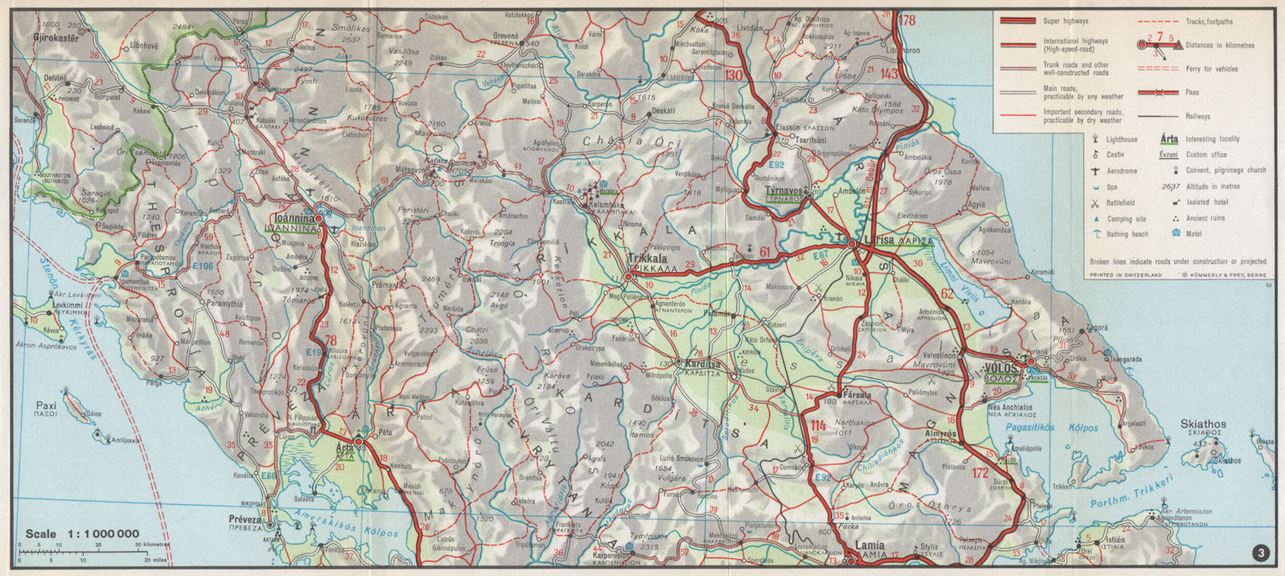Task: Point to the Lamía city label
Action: click(x=870, y=545)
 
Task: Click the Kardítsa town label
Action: click(x=703, y=364)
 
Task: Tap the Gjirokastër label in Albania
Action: click(x=59, y=38)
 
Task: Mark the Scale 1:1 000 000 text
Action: click(x=82, y=533)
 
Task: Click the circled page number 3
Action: click(x=1262, y=553)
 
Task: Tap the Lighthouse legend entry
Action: click(x=1122, y=139)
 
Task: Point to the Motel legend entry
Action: click(x=1196, y=234)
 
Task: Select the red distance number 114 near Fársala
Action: click(x=818, y=426)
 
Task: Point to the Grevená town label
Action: click(x=505, y=36)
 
